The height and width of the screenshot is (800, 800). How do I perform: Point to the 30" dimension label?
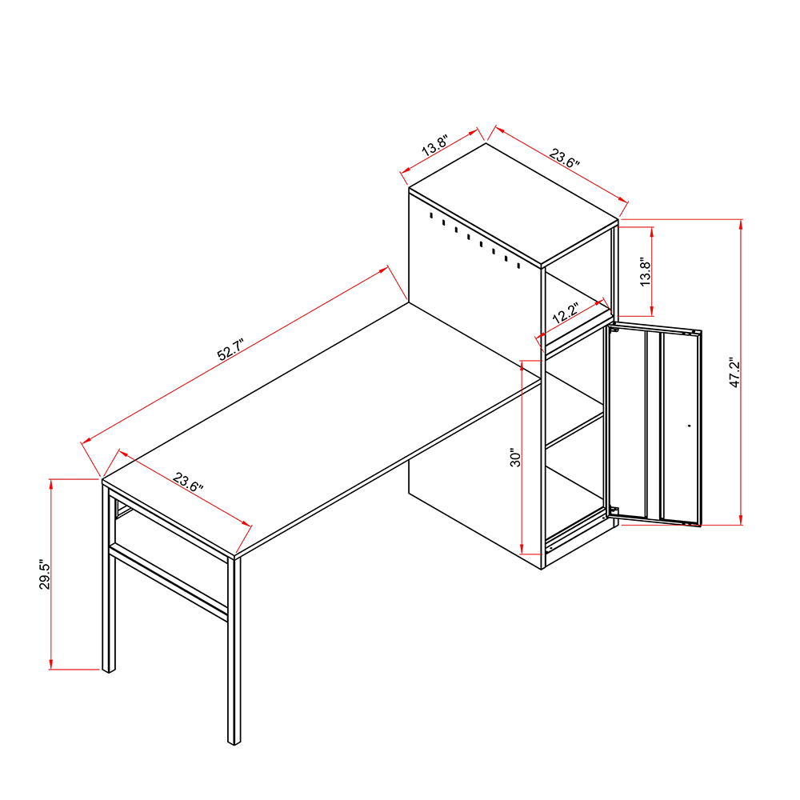coord(516,458)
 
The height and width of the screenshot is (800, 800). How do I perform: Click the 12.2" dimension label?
coord(566,314)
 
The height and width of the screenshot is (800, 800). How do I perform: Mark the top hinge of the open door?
coord(614,328)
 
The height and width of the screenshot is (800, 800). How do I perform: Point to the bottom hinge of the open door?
coord(614,510)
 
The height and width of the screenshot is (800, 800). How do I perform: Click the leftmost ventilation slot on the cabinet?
coord(430,216)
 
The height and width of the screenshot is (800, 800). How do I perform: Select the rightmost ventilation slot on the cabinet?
coord(518,264)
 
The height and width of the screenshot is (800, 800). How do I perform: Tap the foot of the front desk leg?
coord(234,741)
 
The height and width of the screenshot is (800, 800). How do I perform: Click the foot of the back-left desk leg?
coord(108,669)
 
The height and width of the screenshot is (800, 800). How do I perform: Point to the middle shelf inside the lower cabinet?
coord(574,429)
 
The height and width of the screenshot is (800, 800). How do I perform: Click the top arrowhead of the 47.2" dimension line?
coord(741,224)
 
